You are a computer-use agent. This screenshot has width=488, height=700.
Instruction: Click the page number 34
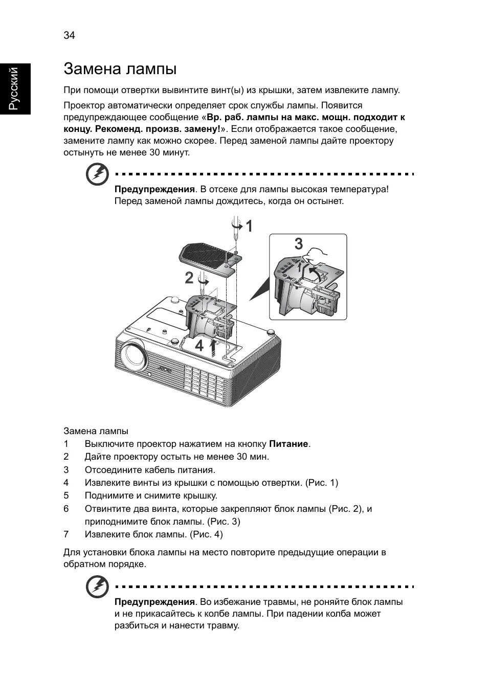click(x=69, y=35)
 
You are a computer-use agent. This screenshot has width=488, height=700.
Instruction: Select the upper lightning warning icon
click(x=97, y=175)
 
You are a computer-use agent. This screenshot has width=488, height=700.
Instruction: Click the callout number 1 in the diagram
click(x=249, y=227)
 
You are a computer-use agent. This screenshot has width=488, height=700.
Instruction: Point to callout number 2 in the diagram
click(x=189, y=279)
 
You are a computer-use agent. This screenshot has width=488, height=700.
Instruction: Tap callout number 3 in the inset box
click(x=298, y=244)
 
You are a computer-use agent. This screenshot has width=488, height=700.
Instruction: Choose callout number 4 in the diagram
click(x=199, y=346)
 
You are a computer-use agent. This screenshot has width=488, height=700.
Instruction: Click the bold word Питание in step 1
click(x=289, y=444)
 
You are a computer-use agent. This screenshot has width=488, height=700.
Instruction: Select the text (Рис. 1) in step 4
click(x=321, y=482)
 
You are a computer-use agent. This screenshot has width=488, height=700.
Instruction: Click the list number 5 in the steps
click(x=66, y=495)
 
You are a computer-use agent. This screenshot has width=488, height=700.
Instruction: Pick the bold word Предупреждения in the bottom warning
click(x=154, y=601)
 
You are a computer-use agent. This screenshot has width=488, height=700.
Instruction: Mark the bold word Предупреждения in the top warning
click(x=154, y=189)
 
